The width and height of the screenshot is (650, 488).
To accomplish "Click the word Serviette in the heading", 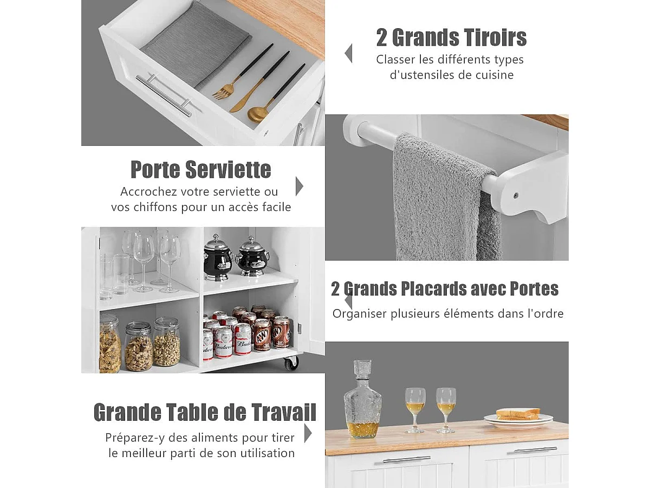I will (228, 170).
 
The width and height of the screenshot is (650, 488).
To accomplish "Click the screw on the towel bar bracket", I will (515, 195).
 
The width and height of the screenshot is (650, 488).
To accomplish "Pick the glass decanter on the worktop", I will (362, 401).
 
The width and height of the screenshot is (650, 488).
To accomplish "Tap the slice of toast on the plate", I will (517, 414).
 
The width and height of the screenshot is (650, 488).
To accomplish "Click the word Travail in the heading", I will (282, 413).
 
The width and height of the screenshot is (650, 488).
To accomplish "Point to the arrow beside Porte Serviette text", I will (299, 186).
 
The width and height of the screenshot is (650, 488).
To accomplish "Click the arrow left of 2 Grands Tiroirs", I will (348, 53).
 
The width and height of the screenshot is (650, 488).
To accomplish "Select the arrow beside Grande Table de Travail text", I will (308, 433).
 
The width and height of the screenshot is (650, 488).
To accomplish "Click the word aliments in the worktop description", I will (211, 438).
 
